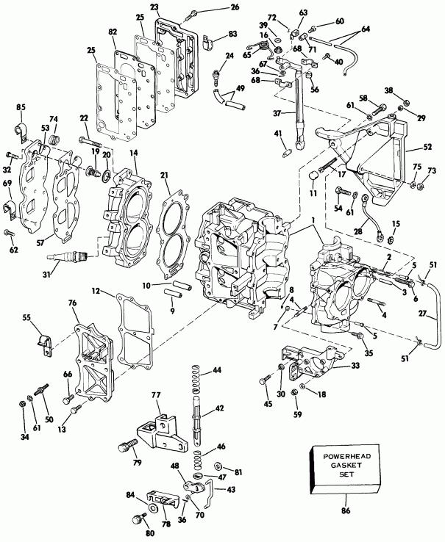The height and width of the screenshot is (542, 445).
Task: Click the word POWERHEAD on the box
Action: click(345, 456)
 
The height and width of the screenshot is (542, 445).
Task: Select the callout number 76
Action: click(73, 302)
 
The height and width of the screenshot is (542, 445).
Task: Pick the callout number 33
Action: click(355, 364)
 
